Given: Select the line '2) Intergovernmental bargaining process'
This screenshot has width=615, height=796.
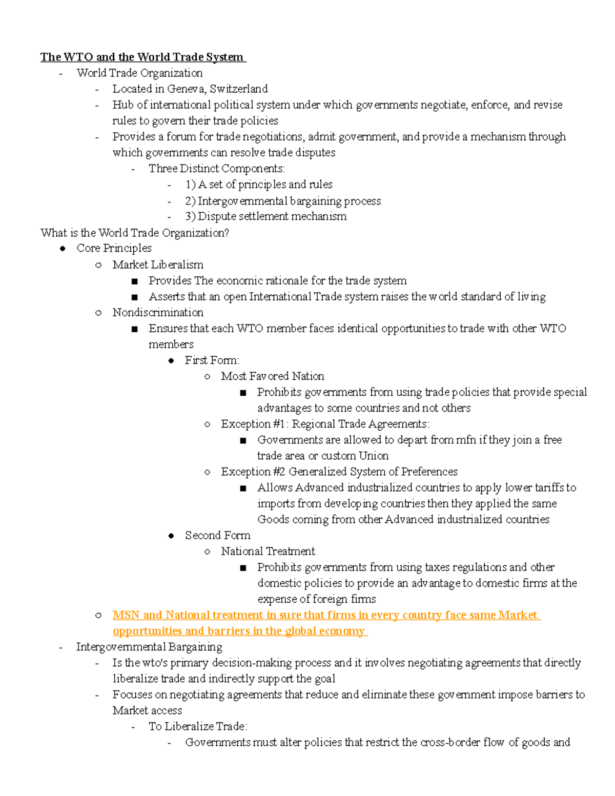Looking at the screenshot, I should (283, 201).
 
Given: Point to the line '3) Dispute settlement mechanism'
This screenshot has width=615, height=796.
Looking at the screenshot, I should (265, 216).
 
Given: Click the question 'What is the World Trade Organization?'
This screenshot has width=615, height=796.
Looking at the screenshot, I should (135, 233).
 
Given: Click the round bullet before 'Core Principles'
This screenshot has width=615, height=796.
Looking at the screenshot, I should (63, 249).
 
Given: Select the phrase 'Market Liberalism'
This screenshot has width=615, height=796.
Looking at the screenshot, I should (158, 264).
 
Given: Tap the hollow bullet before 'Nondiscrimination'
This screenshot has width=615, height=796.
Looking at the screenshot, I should (98, 313).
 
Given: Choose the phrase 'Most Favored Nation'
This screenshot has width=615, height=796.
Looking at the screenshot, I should (272, 376).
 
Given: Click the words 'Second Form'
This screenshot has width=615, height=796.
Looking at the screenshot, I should (217, 535).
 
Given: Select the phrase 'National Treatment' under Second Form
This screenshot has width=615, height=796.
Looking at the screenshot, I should (268, 551).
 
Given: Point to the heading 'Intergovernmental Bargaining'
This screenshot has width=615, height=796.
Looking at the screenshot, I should (149, 647).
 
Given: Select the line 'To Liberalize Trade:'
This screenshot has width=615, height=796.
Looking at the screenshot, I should (198, 726).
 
